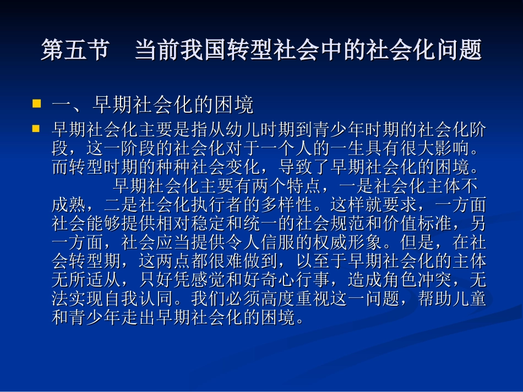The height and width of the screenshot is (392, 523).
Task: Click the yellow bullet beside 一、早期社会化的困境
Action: pyautogui.click(x=37, y=103)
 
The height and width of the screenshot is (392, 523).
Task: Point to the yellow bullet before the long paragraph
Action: pyautogui.click(x=37, y=129)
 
